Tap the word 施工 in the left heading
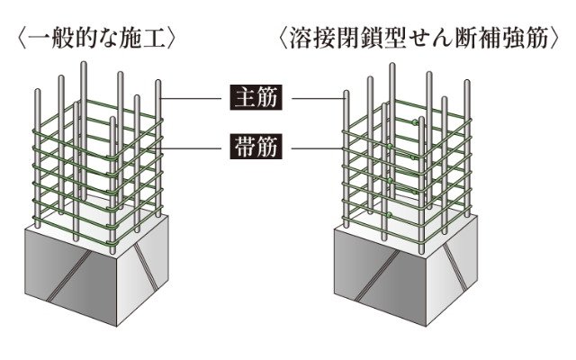click(x=148, y=39)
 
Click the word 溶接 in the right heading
click(x=314, y=39)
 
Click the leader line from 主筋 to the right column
click(x=315, y=96)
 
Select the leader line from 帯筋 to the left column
click(x=190, y=147)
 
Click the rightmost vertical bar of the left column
click(x=158, y=144)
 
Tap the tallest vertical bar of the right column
click(x=392, y=135)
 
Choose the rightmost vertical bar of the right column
click(x=468, y=144)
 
